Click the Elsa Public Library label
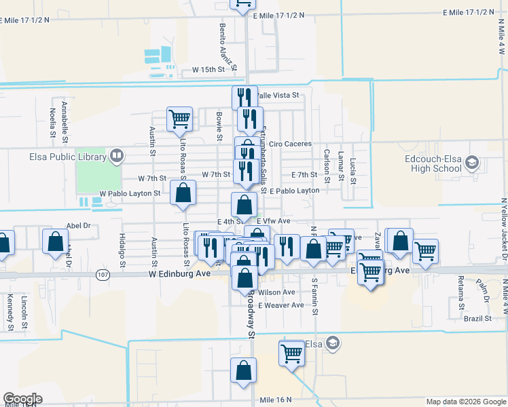click(67, 157)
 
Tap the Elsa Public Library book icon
click(116, 157)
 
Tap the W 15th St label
click(208, 70)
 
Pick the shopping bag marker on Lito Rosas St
click(183, 193)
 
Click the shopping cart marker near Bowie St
click(181, 120)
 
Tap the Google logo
click(22, 399)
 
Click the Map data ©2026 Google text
click(465, 402)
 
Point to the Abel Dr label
click(78, 226)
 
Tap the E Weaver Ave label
click(280, 305)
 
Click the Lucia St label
click(353, 171)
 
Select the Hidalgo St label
click(123, 248)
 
